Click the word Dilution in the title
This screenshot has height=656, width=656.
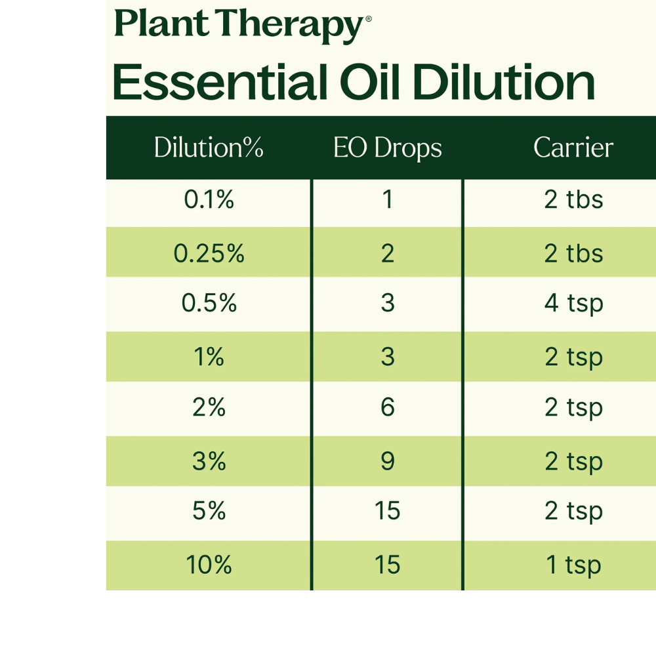(503, 83)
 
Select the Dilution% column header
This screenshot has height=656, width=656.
(209, 148)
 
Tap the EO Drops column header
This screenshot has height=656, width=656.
(387, 148)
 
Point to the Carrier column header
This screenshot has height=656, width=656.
(573, 148)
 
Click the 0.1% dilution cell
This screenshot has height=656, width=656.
(209, 199)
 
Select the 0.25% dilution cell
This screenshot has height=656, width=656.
(209, 253)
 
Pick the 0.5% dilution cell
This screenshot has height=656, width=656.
(209, 303)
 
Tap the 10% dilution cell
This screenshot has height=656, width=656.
(209, 565)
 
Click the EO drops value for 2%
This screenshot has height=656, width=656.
(388, 407)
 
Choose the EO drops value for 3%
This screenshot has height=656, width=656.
(388, 461)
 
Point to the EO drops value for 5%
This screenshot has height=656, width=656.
(388, 511)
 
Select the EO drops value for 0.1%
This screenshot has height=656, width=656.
(388, 199)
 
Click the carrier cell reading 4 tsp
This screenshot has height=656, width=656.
(573, 303)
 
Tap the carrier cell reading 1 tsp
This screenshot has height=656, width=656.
(573, 565)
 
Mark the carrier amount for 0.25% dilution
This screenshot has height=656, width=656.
(573, 253)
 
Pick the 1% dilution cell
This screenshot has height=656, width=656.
(209, 357)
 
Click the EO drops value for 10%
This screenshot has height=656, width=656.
(388, 565)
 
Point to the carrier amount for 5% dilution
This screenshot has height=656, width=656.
(573, 511)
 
